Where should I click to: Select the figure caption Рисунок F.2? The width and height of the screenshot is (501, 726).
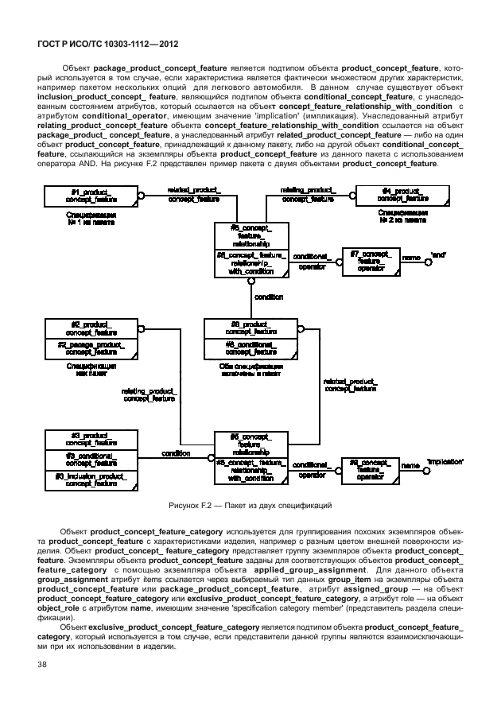[x=250, y=505]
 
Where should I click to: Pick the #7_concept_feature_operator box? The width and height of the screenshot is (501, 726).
[x=371, y=261]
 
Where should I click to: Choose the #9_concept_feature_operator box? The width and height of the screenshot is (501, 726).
[x=370, y=468]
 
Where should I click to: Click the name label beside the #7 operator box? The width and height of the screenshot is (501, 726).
[x=411, y=258]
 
